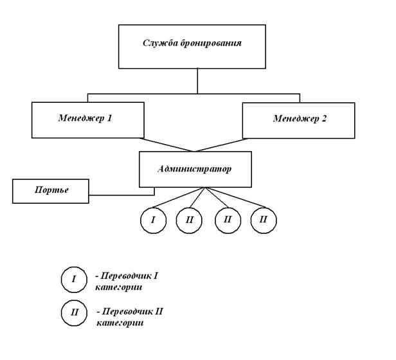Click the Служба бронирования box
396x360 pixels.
coord(197,46)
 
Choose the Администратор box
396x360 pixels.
coord(194,170)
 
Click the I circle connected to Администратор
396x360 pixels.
coord(153,219)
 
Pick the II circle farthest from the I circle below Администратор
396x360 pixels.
coord(264,219)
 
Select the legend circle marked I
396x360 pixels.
coord(74,280)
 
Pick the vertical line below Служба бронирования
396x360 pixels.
coord(197,80)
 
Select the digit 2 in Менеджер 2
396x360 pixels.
coord(325,119)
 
